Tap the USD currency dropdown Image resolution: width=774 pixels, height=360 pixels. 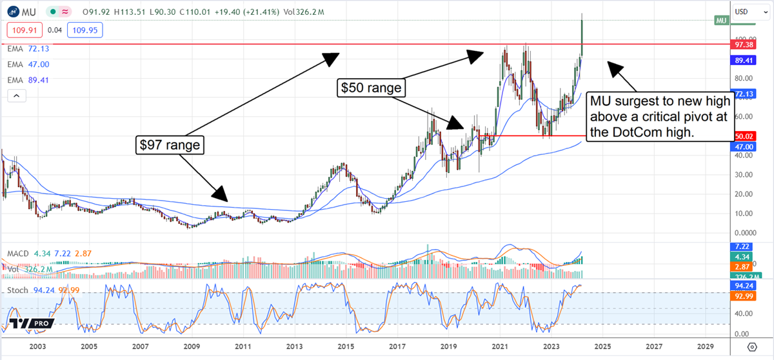coord(749,11)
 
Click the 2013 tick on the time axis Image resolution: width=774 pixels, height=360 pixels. coord(294,345)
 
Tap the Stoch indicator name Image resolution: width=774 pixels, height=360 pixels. coord(17,290)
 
